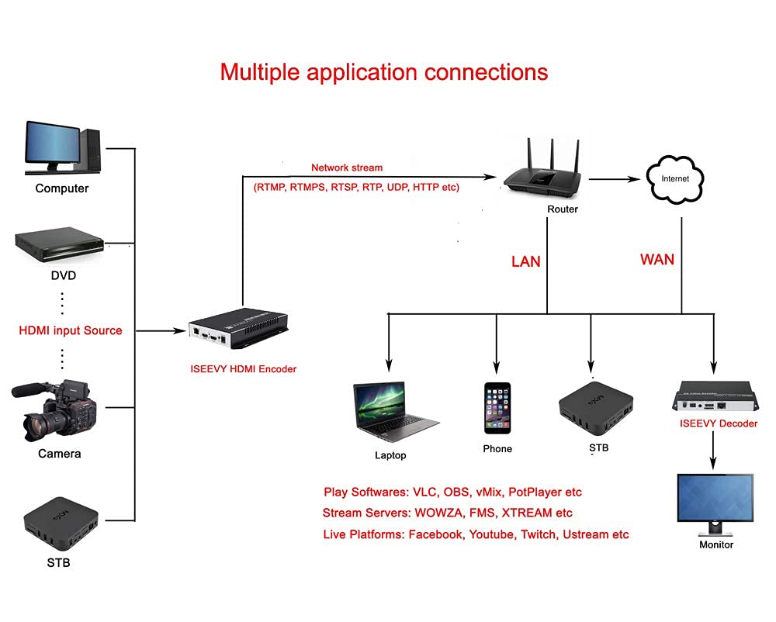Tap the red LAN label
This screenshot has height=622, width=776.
525,261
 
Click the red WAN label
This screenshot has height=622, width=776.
656,259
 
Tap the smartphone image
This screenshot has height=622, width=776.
497,408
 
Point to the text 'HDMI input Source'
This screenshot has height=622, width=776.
71,330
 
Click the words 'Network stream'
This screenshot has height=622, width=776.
347,168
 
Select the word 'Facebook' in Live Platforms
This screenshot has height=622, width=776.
436,534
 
